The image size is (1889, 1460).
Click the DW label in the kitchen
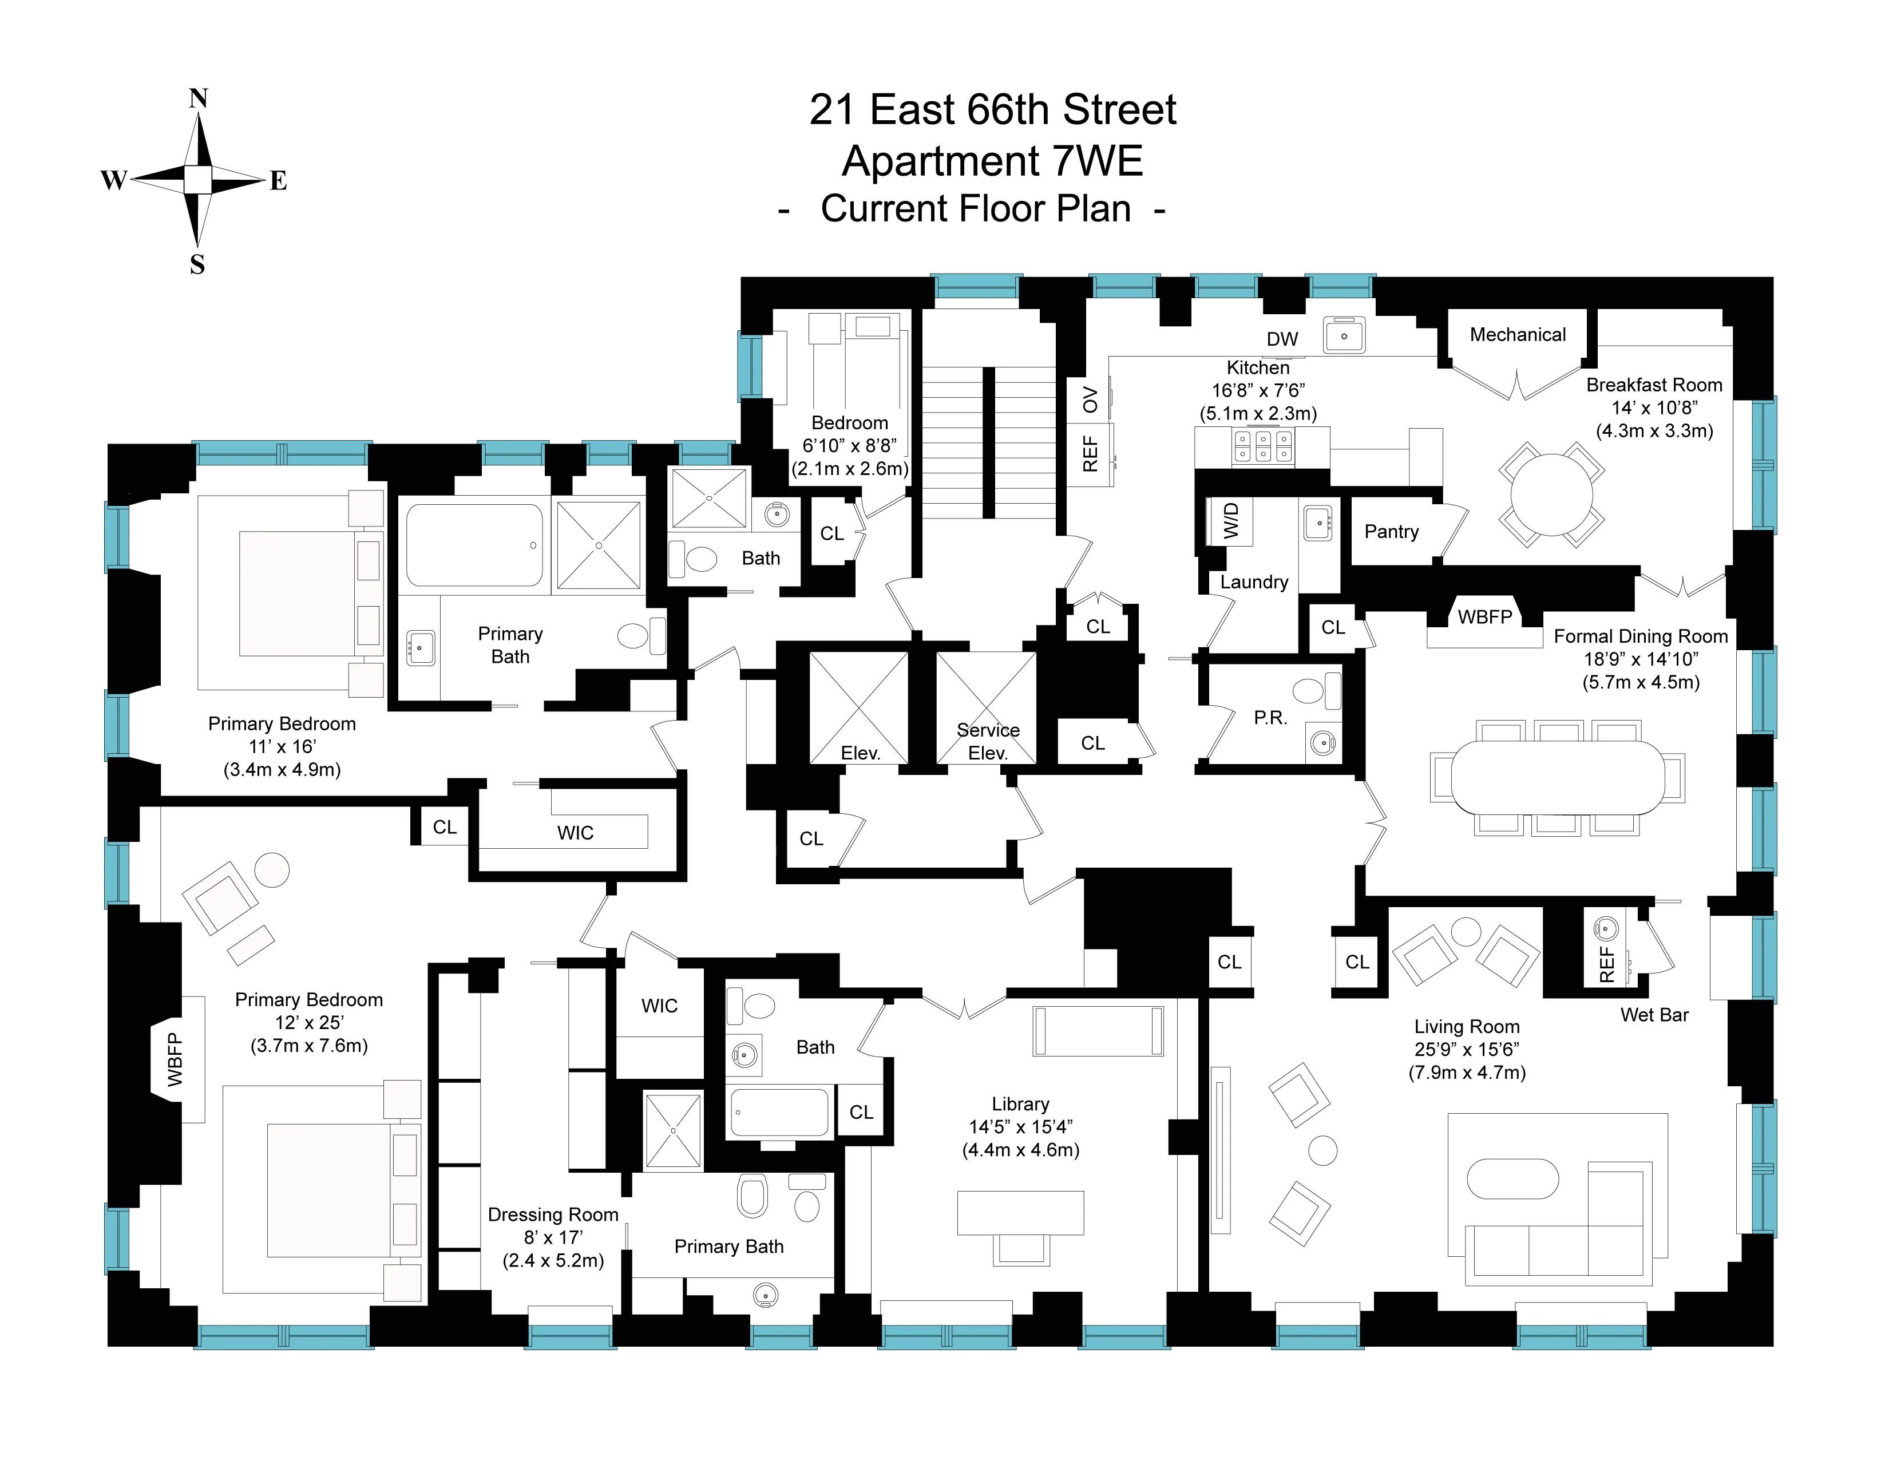pyautogui.click(x=1282, y=339)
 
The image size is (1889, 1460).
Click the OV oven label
pyautogui.click(x=1090, y=399)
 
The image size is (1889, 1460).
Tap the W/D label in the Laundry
pyautogui.click(x=1231, y=521)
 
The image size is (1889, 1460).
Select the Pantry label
pyautogui.click(x=1391, y=531)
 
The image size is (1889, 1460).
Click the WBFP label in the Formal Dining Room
pyautogui.click(x=1484, y=617)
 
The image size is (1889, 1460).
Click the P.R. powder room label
pyautogui.click(x=1270, y=717)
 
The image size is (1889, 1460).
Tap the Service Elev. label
pyautogui.click(x=988, y=741)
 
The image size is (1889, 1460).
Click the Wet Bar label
pyautogui.click(x=1654, y=1015)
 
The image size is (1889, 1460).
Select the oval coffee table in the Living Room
pyautogui.click(x=1513, y=1179)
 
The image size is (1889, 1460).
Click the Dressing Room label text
pyautogui.click(x=553, y=1214)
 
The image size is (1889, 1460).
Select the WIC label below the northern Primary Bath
pyautogui.click(x=575, y=832)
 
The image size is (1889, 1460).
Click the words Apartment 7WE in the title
pyautogui.click(x=992, y=161)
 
